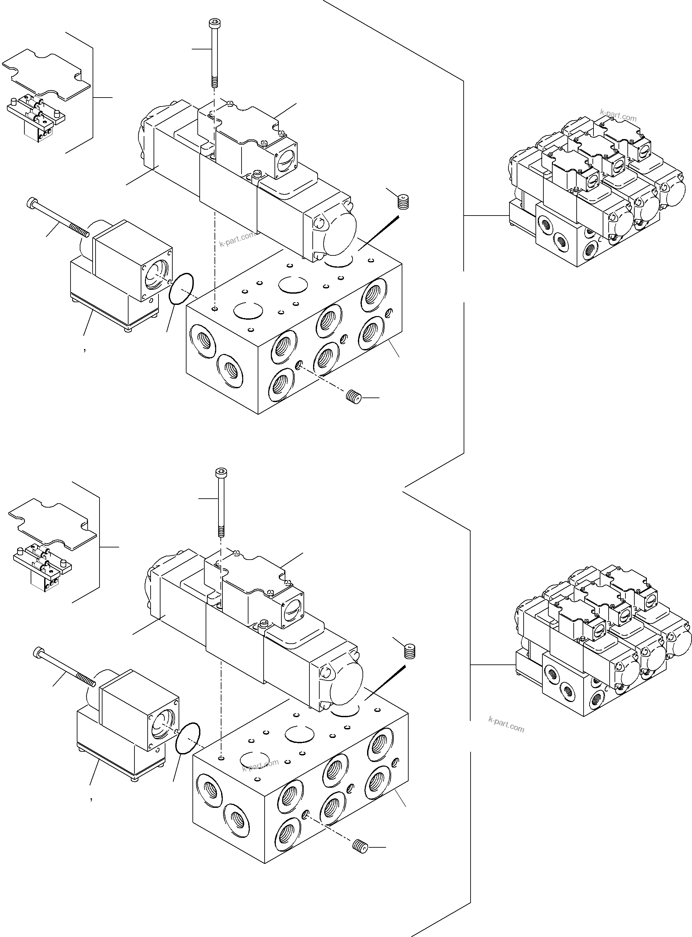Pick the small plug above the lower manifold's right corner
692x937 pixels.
point(409,651)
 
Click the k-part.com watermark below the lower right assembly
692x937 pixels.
point(506,725)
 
